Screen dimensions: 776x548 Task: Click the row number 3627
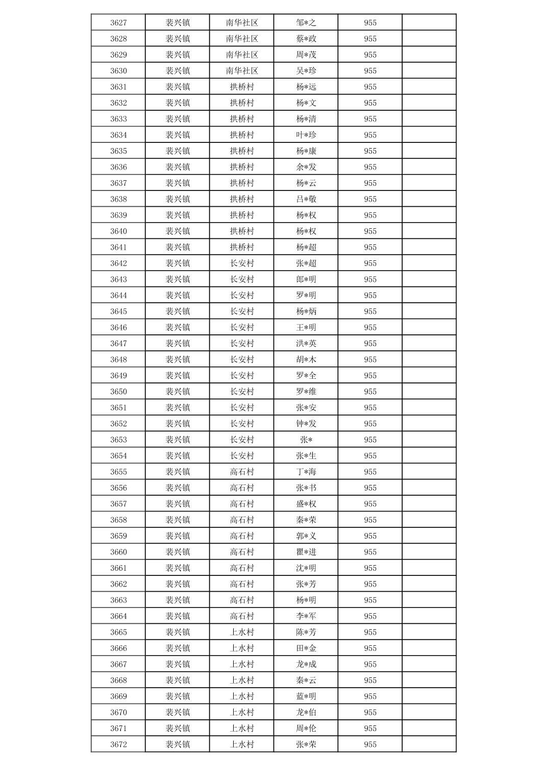(118, 22)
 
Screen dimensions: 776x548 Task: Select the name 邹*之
(306, 22)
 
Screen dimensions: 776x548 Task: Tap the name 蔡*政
(306, 39)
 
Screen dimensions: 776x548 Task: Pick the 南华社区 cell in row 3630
(242, 71)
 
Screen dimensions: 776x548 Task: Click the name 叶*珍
(306, 135)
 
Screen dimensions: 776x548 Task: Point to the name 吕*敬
(306, 199)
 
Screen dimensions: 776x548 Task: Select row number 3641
(118, 247)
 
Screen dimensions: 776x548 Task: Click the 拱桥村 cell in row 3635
(242, 151)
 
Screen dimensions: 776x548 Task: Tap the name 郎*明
(306, 279)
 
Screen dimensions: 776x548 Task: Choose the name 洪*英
(306, 344)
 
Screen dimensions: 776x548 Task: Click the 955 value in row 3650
(370, 392)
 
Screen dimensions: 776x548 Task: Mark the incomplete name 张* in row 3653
(306, 440)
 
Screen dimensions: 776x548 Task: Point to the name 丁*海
(306, 472)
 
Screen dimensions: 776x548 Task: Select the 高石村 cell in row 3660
(242, 552)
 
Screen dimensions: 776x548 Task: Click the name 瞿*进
(306, 552)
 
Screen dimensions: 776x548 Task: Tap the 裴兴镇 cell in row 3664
(178, 616)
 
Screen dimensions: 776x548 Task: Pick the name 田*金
(306, 648)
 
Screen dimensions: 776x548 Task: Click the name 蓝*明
(306, 696)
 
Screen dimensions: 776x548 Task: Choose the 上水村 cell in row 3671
(242, 729)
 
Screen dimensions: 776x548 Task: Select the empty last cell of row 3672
(429, 744)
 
